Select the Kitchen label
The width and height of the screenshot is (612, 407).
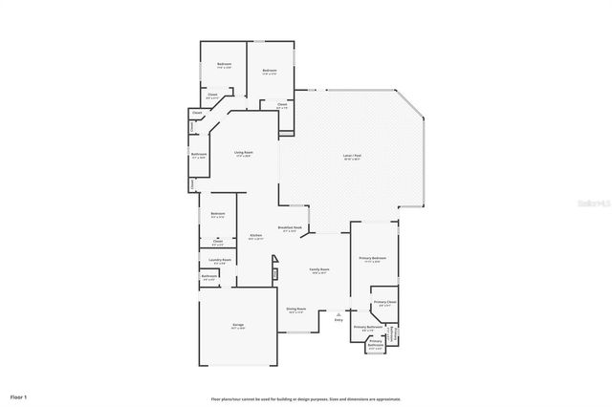[x=256, y=236]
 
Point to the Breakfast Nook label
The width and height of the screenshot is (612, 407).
[x=290, y=227]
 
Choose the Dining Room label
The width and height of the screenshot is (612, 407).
[x=295, y=309]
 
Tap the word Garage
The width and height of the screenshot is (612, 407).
[x=237, y=325]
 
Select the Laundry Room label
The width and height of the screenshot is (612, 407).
[x=218, y=260]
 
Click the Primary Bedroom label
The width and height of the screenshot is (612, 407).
[x=372, y=259]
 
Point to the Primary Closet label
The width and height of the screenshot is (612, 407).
[x=384, y=303]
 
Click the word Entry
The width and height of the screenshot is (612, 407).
[x=338, y=319]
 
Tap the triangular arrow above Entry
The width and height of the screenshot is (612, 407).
[x=338, y=311]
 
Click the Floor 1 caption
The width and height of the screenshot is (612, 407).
[x=19, y=396]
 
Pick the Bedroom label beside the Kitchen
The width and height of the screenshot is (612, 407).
[x=218, y=213]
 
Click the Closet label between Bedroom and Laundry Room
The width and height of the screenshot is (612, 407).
[x=218, y=241]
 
